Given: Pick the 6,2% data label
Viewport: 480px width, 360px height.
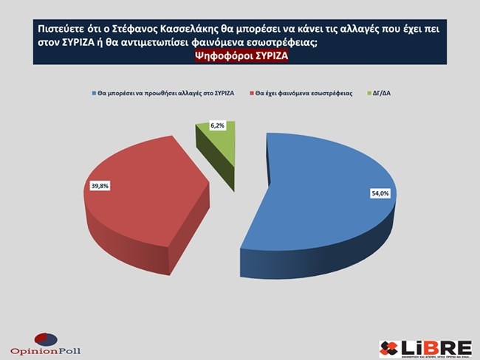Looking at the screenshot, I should point(216,126).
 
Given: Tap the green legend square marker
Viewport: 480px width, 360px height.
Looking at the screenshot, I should point(369,94).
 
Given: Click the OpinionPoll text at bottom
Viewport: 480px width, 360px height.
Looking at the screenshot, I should point(46,349).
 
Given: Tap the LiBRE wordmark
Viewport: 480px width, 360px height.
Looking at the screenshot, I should point(435,345).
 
